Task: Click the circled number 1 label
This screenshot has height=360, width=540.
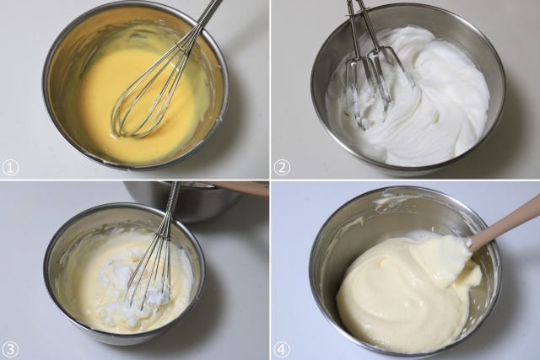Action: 10,168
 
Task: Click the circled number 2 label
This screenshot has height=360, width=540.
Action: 282,168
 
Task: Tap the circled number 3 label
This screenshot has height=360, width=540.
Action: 10,350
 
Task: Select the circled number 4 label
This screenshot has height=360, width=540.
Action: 282,350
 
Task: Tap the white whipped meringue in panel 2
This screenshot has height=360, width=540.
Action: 430,99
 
